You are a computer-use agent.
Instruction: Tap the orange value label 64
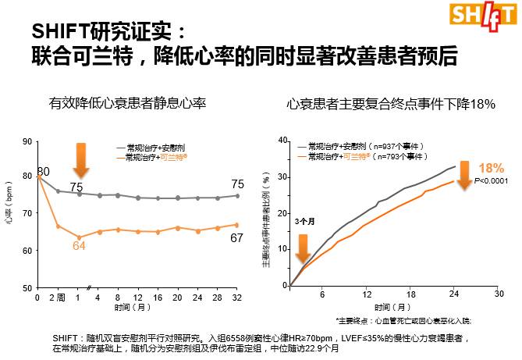point(79,246)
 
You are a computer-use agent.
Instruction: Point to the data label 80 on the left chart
point(44,172)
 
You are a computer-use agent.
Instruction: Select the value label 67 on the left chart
point(237,237)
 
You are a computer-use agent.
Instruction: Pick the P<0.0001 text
point(491,181)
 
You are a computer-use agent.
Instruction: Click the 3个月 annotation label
point(305,221)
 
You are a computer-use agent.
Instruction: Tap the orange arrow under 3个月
point(304,248)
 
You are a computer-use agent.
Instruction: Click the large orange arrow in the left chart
point(80,160)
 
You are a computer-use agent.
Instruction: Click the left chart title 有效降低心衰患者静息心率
point(127,103)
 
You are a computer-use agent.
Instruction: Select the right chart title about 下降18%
point(391,103)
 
